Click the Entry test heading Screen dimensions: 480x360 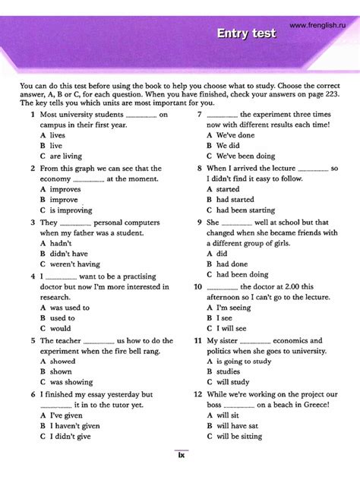(x=246, y=33)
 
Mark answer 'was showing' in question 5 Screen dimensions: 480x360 (x=71, y=382)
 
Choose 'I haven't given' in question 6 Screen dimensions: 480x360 (x=74, y=426)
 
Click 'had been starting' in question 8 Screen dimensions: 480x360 (x=245, y=210)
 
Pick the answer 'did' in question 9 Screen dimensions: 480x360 (x=222, y=254)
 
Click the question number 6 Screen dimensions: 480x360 (x=33, y=395)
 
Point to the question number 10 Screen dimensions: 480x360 (x=198, y=287)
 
